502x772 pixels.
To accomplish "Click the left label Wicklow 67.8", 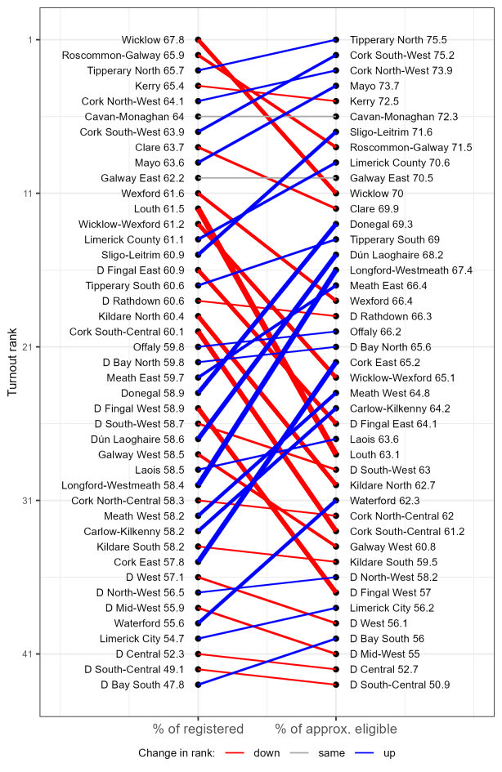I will pos(152,40).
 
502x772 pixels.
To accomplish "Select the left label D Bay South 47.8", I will pos(142,685).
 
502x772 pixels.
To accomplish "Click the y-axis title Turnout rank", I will pos(11,362).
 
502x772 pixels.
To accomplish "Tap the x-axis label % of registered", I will pos(198,729).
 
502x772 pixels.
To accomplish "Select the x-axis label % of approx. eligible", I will pos(336,729).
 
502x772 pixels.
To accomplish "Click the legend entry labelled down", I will pos(266,753).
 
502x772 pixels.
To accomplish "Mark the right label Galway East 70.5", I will pos(392,178).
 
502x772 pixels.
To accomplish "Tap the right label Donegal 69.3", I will pos(381,224).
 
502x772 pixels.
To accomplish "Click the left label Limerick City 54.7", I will pos(143,639).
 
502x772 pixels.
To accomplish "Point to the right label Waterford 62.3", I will pos(384,501).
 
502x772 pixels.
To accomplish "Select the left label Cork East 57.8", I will pos(149,562).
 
